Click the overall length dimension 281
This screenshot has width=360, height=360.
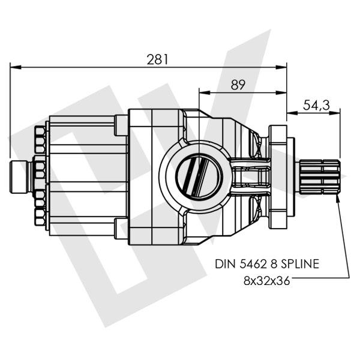click(157, 59)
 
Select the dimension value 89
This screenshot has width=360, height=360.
click(238, 85)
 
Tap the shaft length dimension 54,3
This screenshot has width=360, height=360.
click(316, 105)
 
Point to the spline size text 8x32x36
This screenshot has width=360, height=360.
click(266, 280)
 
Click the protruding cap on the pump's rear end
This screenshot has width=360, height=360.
click(19, 178)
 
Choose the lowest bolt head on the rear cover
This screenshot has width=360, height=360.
click(40, 219)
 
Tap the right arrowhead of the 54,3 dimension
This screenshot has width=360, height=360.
click(337, 112)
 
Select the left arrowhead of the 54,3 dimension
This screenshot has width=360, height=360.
click(291, 112)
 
